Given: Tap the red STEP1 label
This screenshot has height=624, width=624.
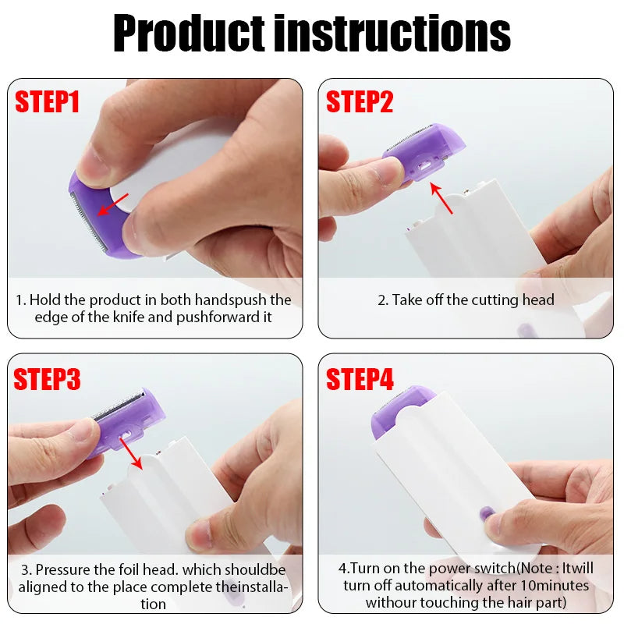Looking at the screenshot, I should coord(48,102).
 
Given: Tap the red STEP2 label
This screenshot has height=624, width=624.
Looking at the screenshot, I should coord(360,102).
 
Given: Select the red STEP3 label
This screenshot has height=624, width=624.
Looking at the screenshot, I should coord(48,379).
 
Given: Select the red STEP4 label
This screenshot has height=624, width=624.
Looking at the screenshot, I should coord(360,379).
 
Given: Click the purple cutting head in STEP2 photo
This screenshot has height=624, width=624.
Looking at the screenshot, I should coord(425,148).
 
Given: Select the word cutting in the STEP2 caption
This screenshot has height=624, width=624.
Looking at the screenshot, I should coord(489,300).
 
